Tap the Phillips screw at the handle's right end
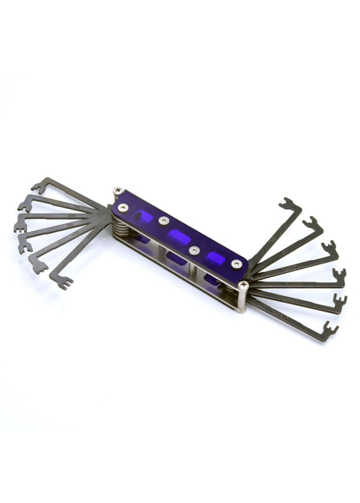(x=243, y=286)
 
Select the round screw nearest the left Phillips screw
(x=123, y=207)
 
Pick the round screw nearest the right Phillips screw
(x=237, y=264)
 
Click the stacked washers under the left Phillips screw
(x=119, y=225)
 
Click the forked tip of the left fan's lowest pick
(x=65, y=282)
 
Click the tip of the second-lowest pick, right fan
(x=338, y=300)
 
